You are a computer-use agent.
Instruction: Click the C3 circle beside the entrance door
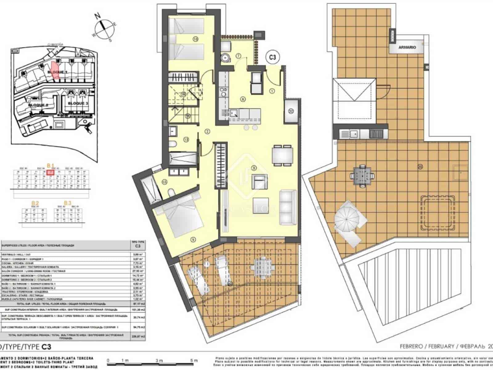click(272, 57)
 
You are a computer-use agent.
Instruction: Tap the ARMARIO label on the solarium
click(407, 47)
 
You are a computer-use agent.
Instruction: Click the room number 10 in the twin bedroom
click(195, 39)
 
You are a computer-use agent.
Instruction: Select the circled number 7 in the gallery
click(238, 56)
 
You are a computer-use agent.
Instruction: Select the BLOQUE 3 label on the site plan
click(78, 103)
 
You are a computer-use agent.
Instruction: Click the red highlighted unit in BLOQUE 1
click(54, 70)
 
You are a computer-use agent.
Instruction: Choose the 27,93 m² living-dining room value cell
click(136, 271)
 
